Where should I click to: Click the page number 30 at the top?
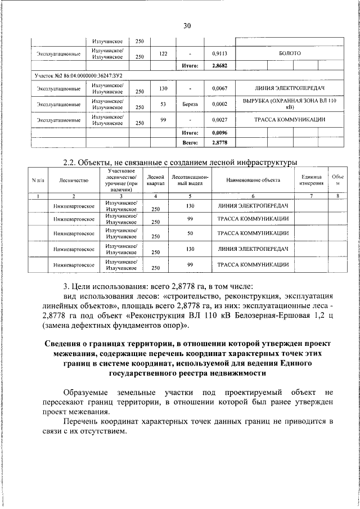pyautogui.click(x=187, y=25)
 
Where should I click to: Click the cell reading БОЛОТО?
pyautogui.click(x=290, y=53)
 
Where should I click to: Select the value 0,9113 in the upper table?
pyautogui.click(x=218, y=54)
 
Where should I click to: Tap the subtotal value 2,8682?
pyautogui.click(x=218, y=66)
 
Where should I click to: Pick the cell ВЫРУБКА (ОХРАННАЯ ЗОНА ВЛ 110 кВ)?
pyautogui.click(x=290, y=103)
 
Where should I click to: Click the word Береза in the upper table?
pyautogui.click(x=190, y=104)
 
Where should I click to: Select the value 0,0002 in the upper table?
pyautogui.click(x=218, y=104)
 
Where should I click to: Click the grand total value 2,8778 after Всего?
pyautogui.click(x=218, y=143)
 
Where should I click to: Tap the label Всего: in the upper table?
pyautogui.click(x=190, y=143)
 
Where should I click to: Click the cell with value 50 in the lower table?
pyautogui.click(x=190, y=233)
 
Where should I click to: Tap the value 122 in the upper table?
pyautogui.click(x=163, y=54)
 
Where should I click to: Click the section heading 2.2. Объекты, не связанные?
pyautogui.click(x=180, y=163)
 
